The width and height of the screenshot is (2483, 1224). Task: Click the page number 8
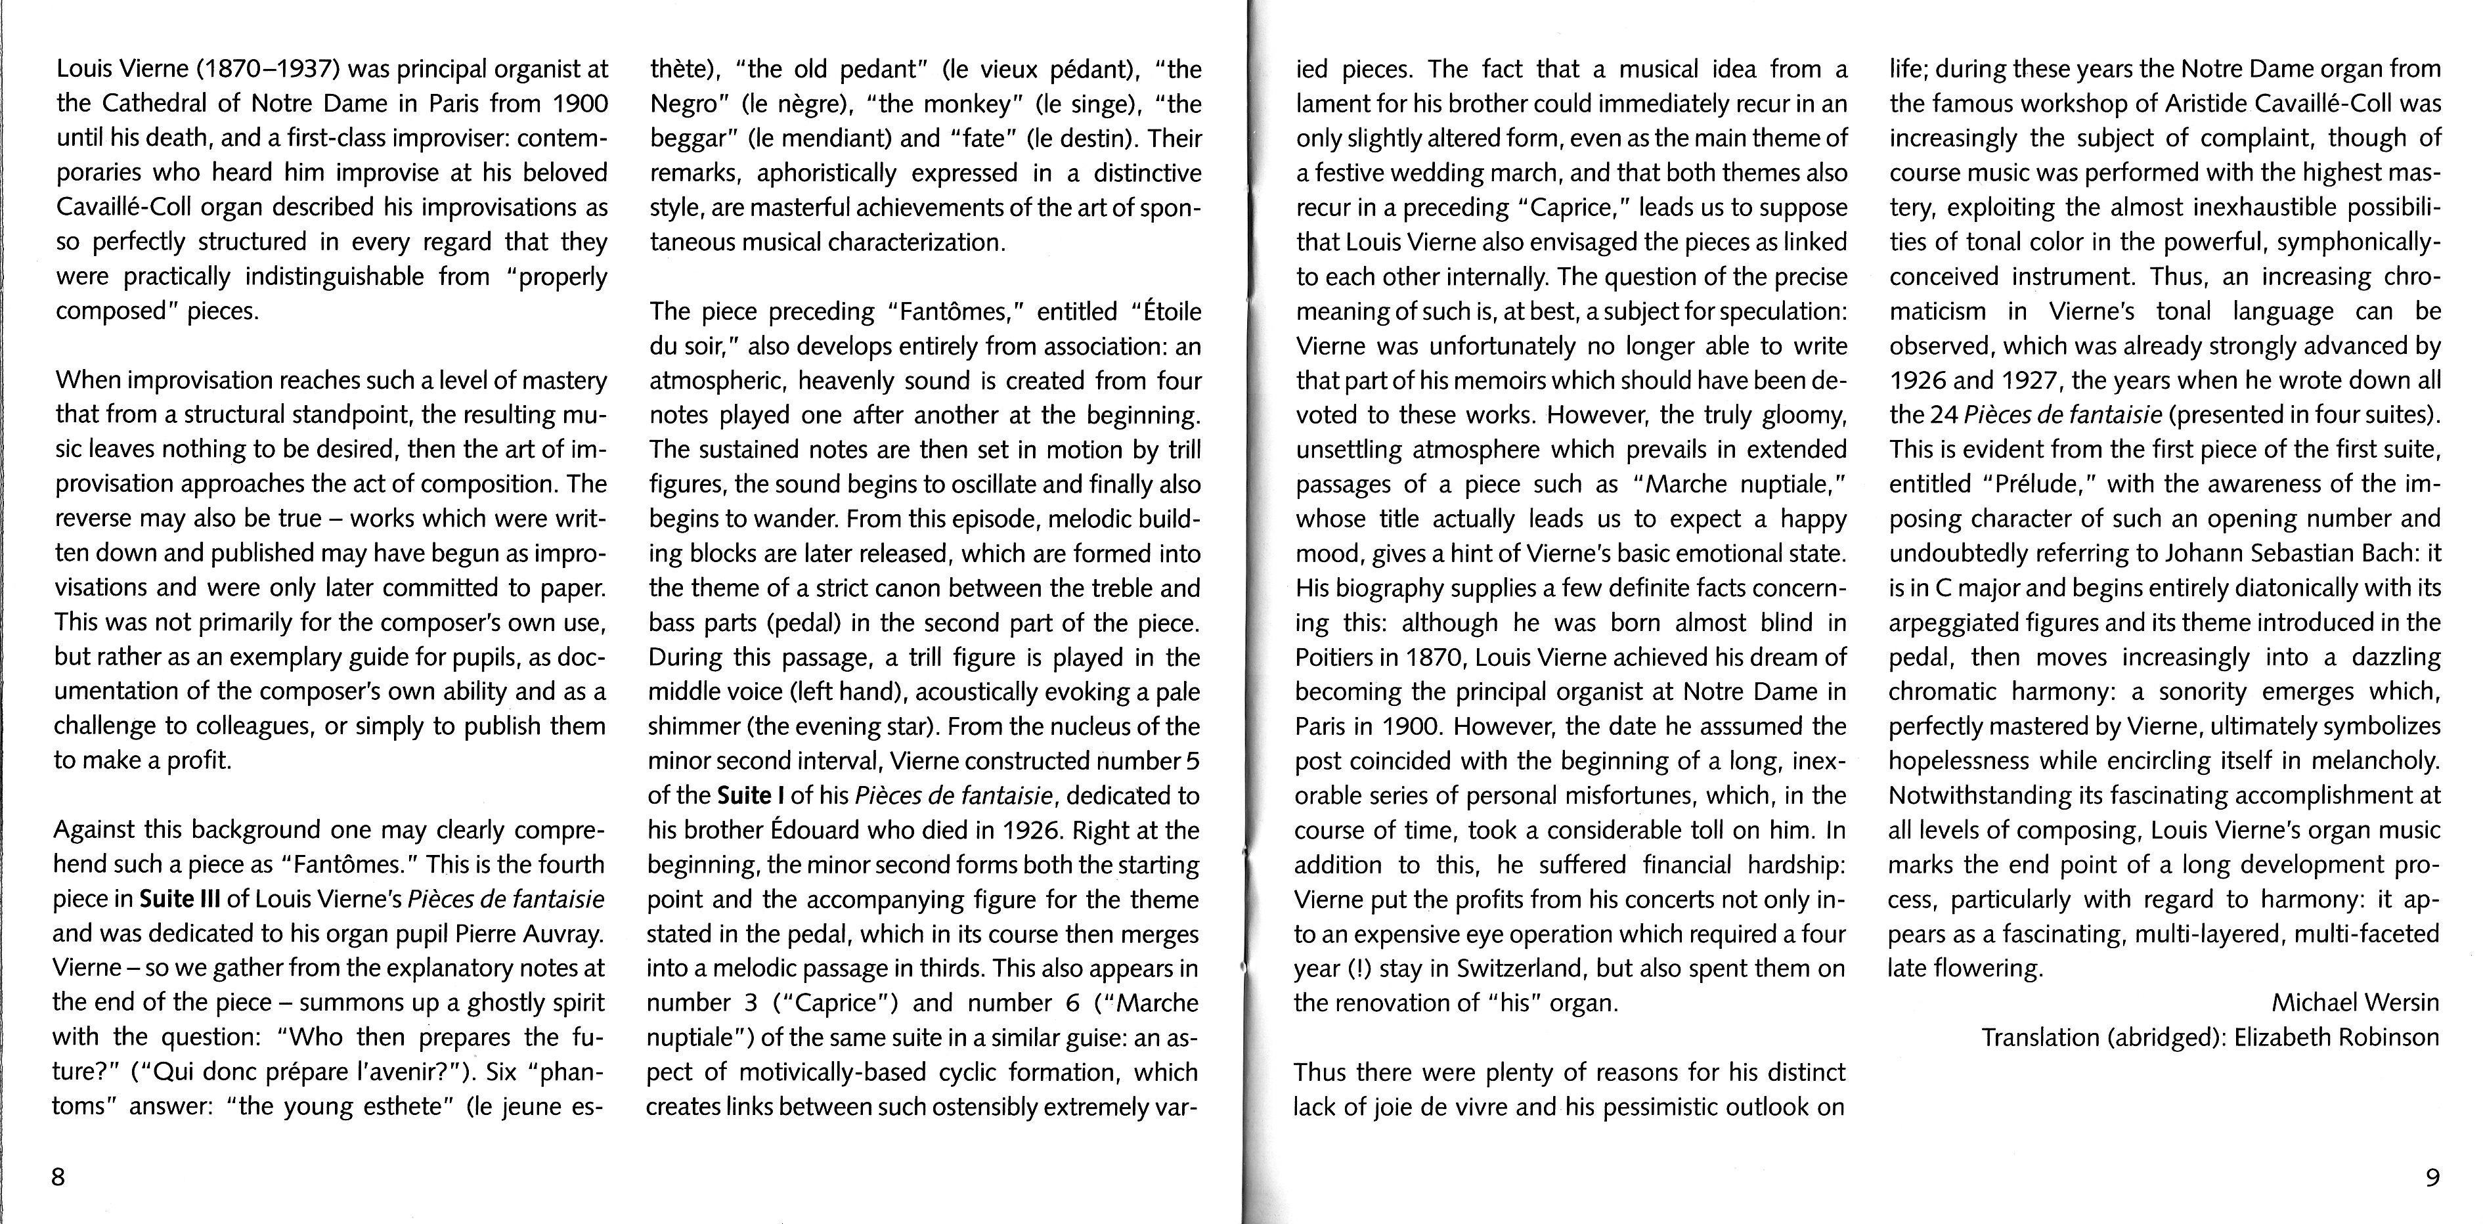coord(58,1177)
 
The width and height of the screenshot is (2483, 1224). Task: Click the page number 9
coord(2431,1177)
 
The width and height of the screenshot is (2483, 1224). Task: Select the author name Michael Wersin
coord(2356,1002)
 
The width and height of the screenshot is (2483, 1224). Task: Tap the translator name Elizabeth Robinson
coord(2337,1037)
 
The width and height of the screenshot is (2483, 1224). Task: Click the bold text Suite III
coord(180,899)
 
